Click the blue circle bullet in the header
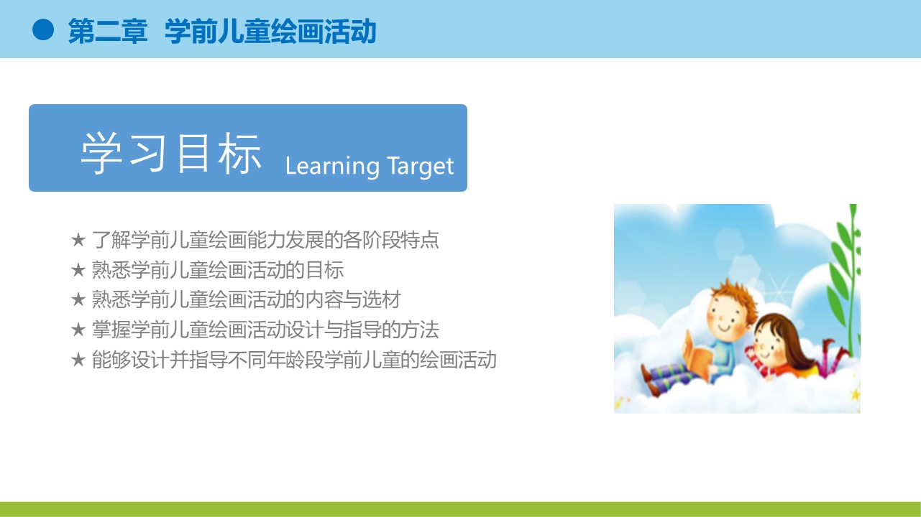point(43,29)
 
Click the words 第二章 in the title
point(108,31)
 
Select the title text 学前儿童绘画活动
point(270,31)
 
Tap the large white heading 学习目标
point(171,153)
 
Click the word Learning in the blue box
point(332,167)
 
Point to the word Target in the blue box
point(420,167)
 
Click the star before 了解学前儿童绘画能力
point(78,239)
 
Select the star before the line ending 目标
point(78,270)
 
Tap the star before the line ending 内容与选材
point(78,299)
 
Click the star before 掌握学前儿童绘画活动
point(78,330)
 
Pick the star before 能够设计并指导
point(78,360)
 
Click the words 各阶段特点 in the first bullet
point(391,240)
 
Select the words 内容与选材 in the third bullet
point(353,299)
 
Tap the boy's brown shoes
point(650,381)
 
